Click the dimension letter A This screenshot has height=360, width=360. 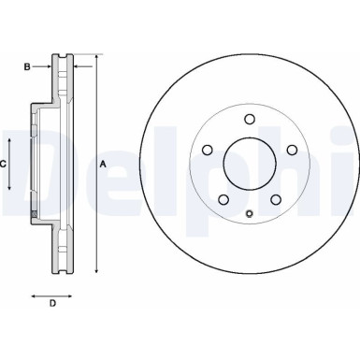click(104, 164)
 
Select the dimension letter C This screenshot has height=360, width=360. click(4, 164)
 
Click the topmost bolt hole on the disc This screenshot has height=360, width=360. click(250, 118)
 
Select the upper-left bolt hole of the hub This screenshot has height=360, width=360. click(206, 150)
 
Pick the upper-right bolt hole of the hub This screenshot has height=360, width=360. click(293, 150)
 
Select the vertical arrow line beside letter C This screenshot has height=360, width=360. click(11, 164)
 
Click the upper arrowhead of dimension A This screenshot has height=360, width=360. click(94, 58)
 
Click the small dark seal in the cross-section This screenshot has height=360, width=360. click(36, 217)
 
